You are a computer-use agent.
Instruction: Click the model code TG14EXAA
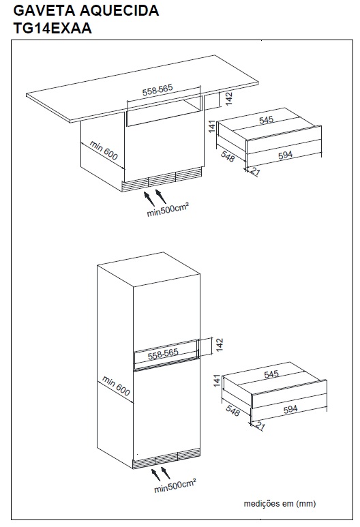coord(52,27)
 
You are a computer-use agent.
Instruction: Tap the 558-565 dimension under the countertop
coord(157,90)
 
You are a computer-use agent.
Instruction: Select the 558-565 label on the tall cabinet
coord(163,354)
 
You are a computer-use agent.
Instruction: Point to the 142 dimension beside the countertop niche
coord(229,99)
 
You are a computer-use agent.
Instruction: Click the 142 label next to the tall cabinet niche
coord(220,345)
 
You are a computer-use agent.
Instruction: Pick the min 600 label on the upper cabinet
coord(104,150)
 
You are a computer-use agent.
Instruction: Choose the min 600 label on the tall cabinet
coord(116,386)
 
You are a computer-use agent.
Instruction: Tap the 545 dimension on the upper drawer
coord(267,120)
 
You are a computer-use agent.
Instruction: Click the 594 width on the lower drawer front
coord(290,409)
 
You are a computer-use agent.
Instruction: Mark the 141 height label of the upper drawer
coord(211,127)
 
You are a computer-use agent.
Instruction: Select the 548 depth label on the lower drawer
coord(232,410)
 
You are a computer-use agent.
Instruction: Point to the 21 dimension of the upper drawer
coord(255,172)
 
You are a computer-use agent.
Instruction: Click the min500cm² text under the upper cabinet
coord(168,210)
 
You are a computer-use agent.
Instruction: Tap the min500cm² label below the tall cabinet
coord(175,486)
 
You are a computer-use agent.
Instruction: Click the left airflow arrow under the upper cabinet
coord(149,198)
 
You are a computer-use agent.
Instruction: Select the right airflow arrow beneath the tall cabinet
coord(165,473)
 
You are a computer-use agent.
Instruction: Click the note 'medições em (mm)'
coord(280,503)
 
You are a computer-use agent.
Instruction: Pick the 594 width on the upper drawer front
coord(286,155)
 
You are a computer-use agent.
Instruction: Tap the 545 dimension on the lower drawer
coord(271,374)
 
